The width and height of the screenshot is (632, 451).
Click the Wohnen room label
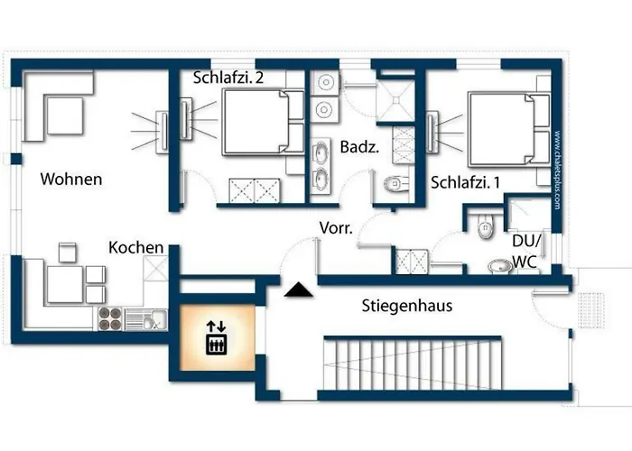pos(71,179)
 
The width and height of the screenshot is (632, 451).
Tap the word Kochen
pos(136,247)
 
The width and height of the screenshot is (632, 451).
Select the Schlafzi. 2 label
pos(228,78)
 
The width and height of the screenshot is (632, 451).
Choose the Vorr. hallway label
pos(337,228)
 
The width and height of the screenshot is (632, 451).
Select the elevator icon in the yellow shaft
pos(216,338)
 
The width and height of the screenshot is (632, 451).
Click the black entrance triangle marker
pos(295,290)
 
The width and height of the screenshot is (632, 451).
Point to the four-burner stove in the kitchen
pos(109,317)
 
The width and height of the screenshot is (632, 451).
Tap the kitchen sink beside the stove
pos(144,317)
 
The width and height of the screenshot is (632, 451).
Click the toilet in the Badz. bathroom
pos(395,185)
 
